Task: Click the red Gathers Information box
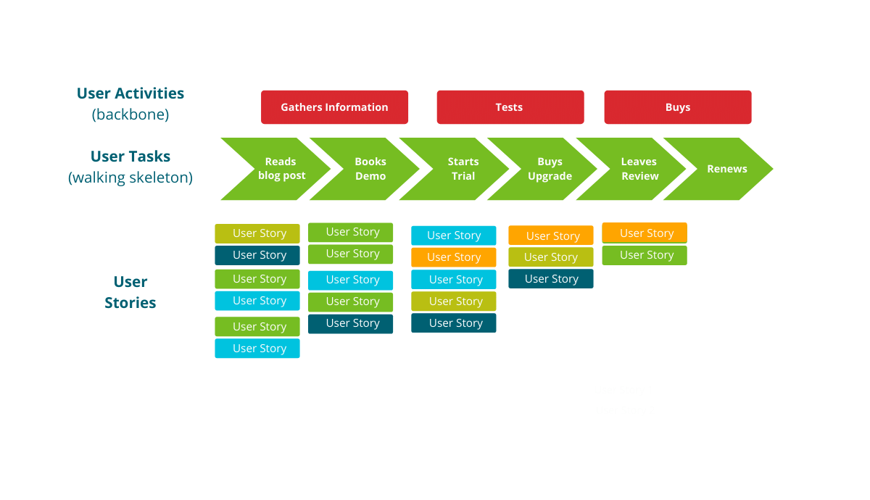[x=334, y=107]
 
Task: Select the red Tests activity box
[x=510, y=107]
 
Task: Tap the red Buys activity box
[x=677, y=107]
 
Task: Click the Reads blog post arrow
[x=279, y=169]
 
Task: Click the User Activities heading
[x=130, y=93]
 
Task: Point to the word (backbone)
[x=130, y=114]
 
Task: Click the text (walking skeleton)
[x=130, y=178]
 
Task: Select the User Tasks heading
[x=130, y=157]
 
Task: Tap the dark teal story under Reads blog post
[x=257, y=255]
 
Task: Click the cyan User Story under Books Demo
[x=350, y=280]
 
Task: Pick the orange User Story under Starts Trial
[x=453, y=257]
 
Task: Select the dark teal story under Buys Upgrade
[x=550, y=279]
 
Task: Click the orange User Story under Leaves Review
[x=645, y=233]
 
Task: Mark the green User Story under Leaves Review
[x=645, y=255]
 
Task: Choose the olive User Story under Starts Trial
[x=453, y=301]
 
